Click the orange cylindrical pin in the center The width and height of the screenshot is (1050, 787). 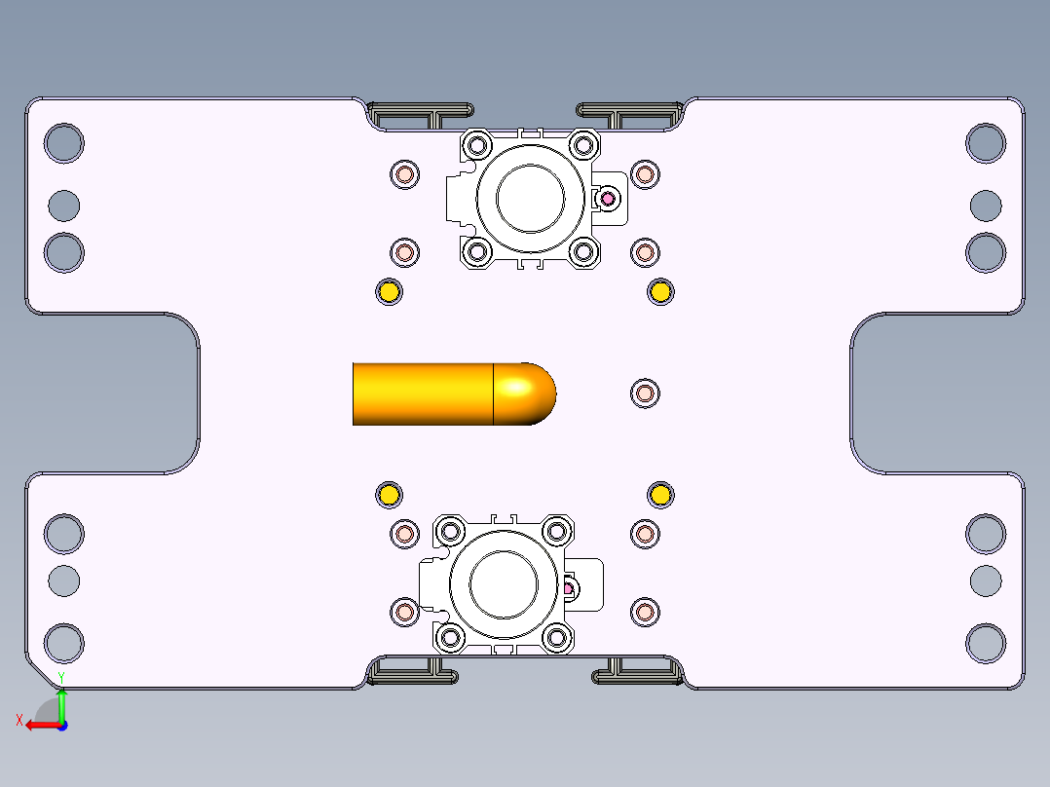454,393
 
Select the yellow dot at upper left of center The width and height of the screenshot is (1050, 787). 389,292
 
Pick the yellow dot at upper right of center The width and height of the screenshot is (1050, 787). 660,292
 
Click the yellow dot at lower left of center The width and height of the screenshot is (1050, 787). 389,495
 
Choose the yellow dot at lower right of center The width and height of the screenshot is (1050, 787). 660,495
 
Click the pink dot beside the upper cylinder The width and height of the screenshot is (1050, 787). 608,199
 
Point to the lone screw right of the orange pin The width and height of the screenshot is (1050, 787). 645,393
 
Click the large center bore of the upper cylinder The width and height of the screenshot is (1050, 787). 530,199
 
